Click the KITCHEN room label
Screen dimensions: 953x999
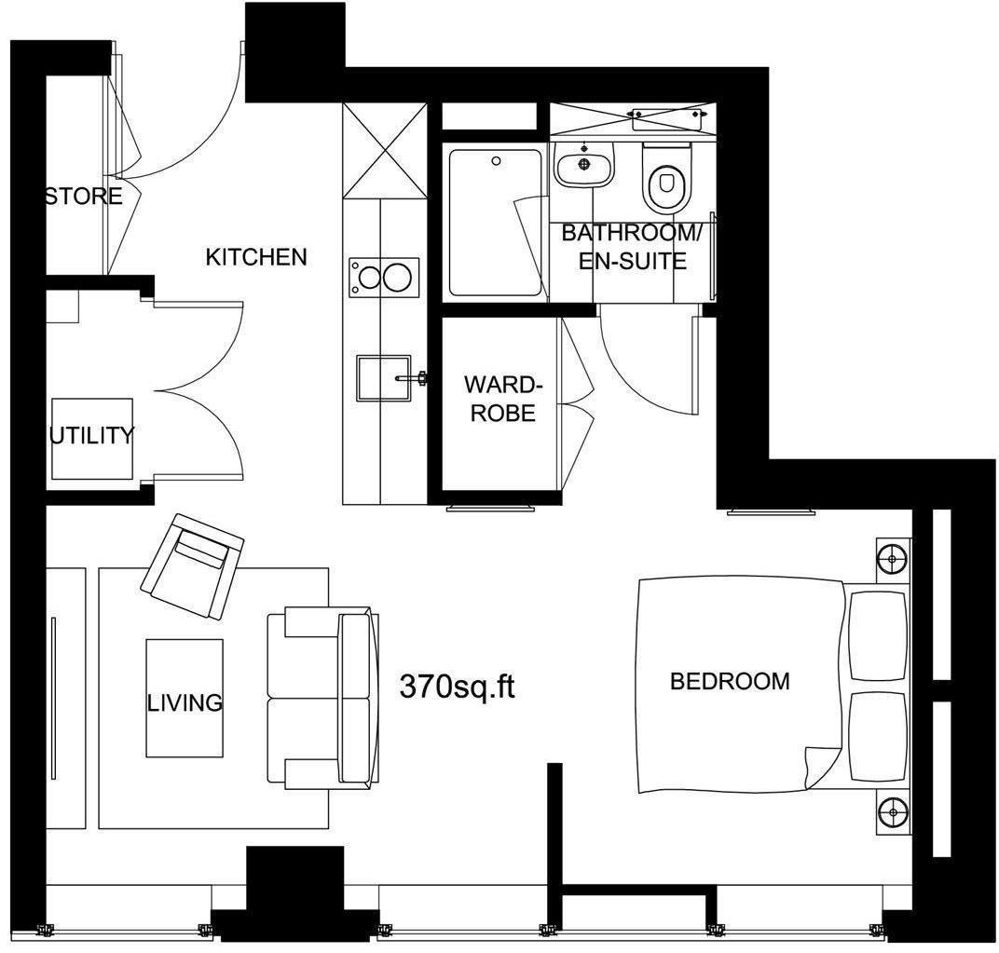256,257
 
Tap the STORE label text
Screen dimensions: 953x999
84,197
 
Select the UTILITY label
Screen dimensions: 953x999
91,435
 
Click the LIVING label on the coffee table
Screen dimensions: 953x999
185,701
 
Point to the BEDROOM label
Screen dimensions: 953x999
730,681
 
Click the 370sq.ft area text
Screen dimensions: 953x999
457,687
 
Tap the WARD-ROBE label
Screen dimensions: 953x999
502,399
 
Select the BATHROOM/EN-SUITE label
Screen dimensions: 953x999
633,247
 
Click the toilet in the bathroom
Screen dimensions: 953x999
664,179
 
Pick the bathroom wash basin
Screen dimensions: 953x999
584,166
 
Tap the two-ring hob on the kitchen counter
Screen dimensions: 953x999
382,278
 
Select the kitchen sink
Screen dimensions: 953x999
383,377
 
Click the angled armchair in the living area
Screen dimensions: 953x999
192,565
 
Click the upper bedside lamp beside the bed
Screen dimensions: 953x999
893,559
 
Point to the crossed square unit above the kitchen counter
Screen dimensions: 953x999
381,149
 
